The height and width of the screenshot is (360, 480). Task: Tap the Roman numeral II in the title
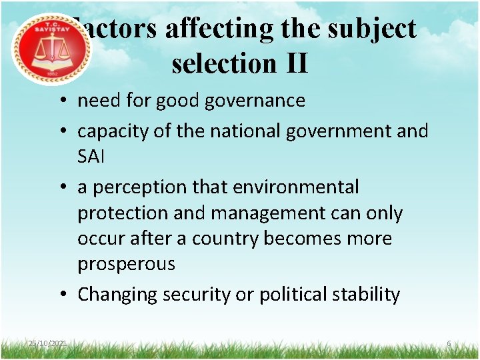297,63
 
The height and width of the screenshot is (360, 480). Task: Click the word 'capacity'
113,131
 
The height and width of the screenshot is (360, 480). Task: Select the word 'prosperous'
126,264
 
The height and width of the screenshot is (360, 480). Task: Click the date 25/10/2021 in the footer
47,343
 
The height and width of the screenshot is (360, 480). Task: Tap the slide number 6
449,343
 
